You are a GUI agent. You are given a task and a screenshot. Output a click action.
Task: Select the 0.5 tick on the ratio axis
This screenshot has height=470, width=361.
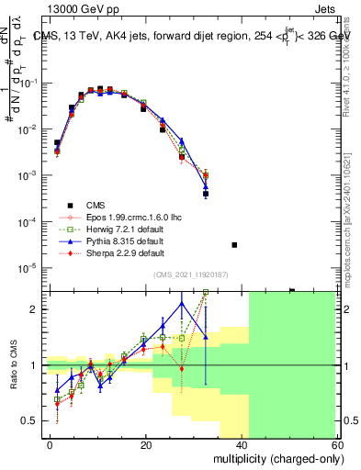[32, 420]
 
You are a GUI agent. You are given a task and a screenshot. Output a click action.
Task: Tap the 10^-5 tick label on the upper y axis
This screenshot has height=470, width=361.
[30, 268]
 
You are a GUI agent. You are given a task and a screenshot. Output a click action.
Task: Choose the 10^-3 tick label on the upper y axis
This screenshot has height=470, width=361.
[30, 175]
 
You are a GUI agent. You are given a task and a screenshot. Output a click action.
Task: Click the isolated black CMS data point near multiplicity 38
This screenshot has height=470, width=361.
[234, 245]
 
